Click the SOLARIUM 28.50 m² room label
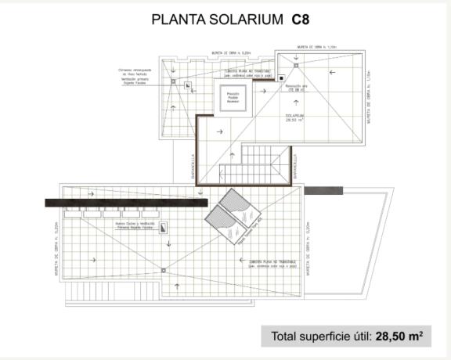[295, 117]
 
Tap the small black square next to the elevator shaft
[280, 78]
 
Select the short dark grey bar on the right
[319, 190]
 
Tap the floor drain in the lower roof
[164, 271]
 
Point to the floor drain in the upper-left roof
[187, 85]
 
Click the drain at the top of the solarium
[296, 58]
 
